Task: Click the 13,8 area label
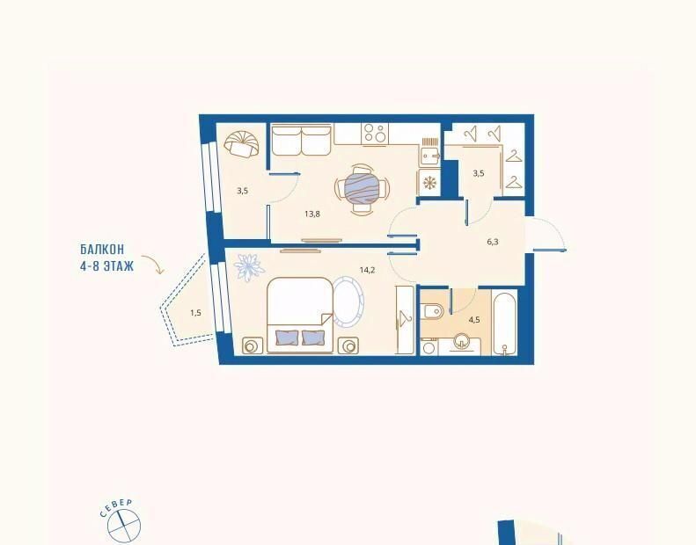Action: (312, 214)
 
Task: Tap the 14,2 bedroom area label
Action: (367, 270)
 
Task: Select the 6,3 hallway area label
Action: (493, 242)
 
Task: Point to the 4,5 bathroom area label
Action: (474, 320)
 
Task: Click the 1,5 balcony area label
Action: (195, 313)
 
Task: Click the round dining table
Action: (363, 189)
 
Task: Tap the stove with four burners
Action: (375, 134)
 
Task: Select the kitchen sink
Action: (429, 156)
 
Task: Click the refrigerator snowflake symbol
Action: (429, 183)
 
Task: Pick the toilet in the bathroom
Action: (433, 311)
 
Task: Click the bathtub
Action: (505, 323)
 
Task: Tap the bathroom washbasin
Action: (463, 343)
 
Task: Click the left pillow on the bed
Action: (287, 338)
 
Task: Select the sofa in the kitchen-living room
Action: (302, 140)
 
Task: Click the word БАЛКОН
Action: (102, 250)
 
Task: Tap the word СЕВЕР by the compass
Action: (116, 508)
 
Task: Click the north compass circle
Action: (124, 526)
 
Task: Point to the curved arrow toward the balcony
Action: (153, 264)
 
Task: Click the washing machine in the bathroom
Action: (429, 347)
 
